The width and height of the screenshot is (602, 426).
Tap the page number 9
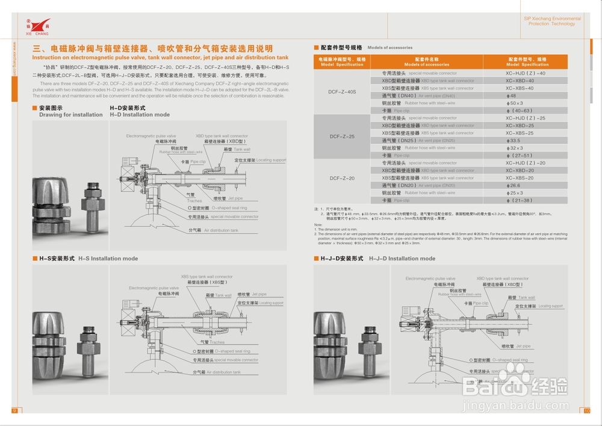14,411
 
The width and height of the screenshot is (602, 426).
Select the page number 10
588,411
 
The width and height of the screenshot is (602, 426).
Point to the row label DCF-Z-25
342,137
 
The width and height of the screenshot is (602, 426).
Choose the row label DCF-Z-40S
342,92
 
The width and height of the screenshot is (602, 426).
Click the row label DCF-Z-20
342,178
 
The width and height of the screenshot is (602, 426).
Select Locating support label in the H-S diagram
260,303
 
